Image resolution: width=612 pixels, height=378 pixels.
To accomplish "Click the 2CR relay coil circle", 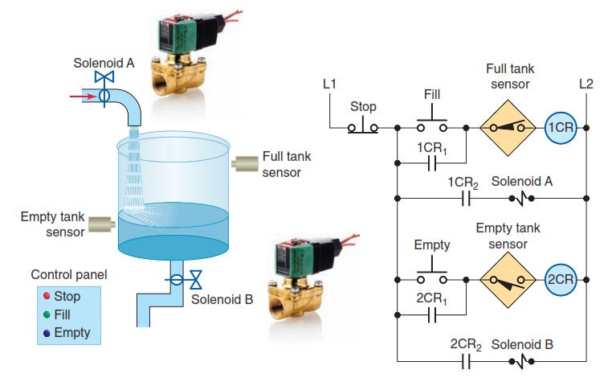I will tap(559, 279).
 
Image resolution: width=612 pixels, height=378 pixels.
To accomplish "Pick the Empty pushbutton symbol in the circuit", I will tap(432, 277).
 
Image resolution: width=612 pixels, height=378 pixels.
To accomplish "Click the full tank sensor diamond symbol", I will tap(509, 128).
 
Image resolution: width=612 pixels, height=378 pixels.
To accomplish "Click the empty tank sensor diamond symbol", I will tap(509, 279).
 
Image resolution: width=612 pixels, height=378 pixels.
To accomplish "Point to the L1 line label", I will tap(329, 83).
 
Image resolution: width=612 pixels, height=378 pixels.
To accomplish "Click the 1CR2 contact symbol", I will tap(464, 198).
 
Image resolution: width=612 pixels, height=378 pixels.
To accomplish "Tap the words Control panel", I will tap(68, 275).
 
